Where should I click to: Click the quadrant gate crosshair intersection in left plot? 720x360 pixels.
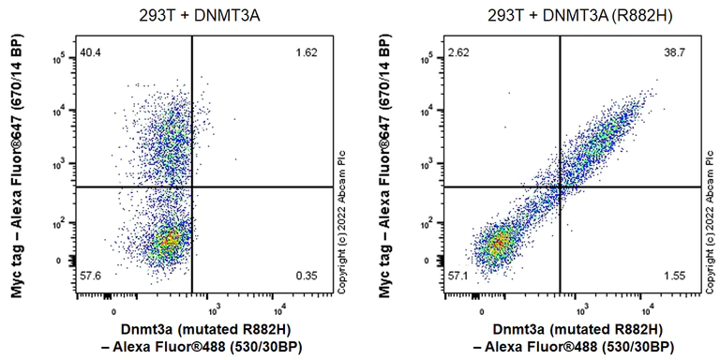pyautogui.click(x=192, y=187)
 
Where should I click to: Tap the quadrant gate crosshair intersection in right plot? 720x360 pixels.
pyautogui.click(x=561, y=187)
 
